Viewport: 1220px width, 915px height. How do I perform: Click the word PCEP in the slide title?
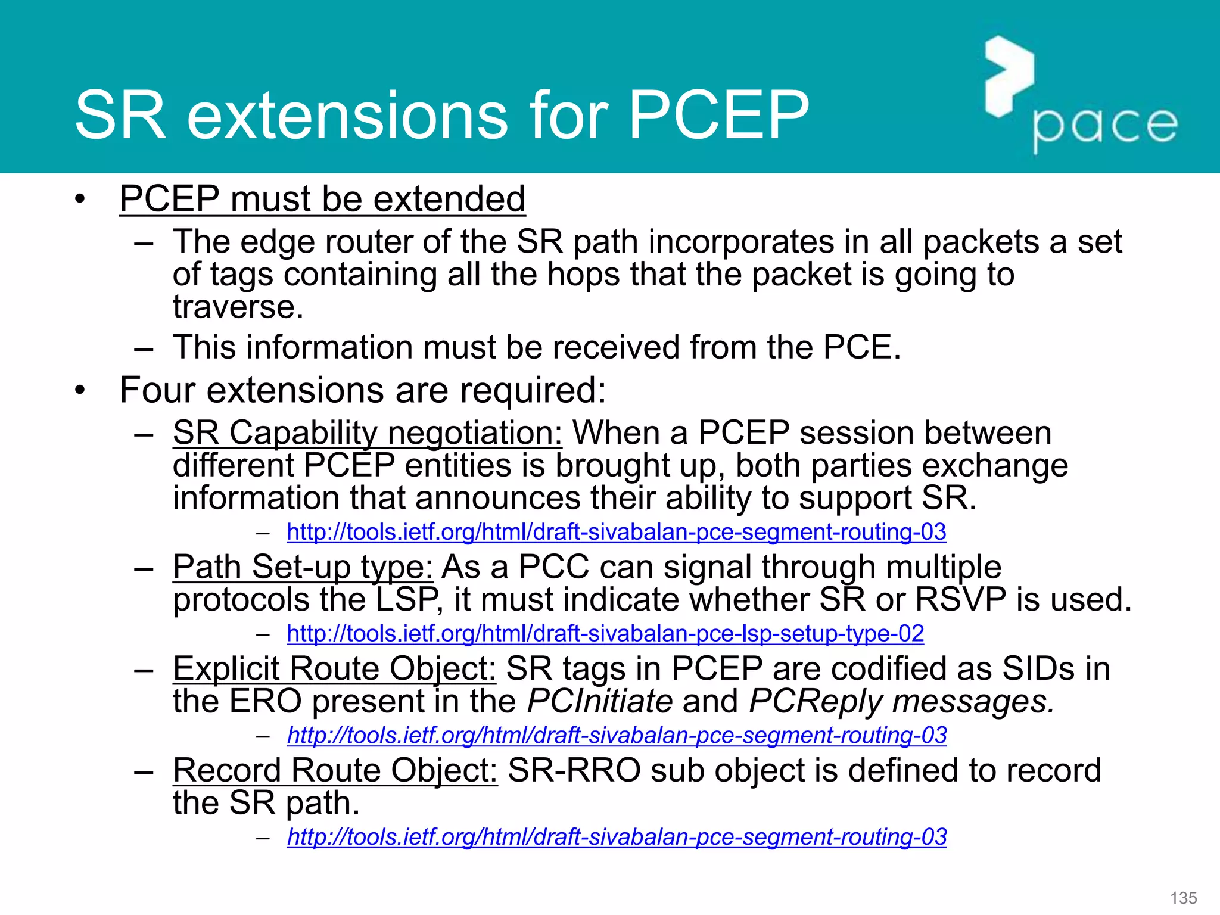(x=718, y=116)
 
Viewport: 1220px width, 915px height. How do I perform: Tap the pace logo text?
(x=1104, y=127)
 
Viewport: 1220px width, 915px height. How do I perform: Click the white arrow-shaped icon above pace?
(x=1008, y=76)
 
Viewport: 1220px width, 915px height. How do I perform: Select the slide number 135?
(x=1183, y=898)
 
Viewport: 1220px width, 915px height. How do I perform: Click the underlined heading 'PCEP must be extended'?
(x=322, y=199)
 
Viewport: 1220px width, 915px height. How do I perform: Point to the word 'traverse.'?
(x=238, y=307)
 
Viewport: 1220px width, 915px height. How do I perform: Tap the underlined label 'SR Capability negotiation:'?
(x=367, y=433)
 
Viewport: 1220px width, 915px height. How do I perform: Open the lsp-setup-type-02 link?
(x=605, y=633)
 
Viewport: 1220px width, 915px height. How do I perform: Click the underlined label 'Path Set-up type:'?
(x=303, y=567)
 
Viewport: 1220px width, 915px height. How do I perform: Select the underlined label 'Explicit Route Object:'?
(x=334, y=669)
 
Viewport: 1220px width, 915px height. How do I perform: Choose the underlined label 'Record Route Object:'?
(x=335, y=771)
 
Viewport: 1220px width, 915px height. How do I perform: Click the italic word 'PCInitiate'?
(x=600, y=701)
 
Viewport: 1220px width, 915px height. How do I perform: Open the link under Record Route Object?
(x=617, y=837)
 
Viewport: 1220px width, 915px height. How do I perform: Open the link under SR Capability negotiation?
(x=616, y=532)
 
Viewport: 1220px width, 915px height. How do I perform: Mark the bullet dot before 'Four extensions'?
(x=80, y=391)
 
